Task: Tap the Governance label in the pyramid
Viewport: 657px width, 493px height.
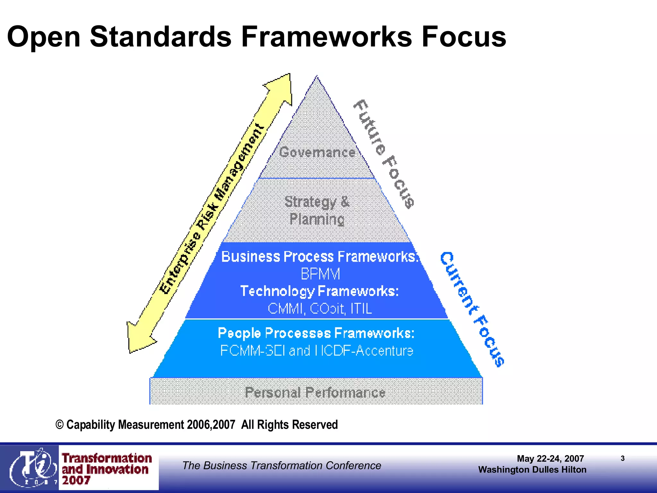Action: pos(317,152)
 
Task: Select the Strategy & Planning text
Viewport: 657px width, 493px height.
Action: pos(317,211)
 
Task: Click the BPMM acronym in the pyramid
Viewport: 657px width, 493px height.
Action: pos(320,274)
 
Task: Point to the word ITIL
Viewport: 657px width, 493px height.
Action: pos(361,309)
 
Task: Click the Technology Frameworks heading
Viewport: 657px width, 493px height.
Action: pos(320,291)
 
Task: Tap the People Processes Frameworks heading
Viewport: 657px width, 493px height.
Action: pos(316,333)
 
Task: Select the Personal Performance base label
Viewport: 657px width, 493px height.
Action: pos(315,393)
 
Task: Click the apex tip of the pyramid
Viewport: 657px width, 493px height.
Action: pos(317,77)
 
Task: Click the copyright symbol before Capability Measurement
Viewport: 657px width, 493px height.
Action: pos(60,425)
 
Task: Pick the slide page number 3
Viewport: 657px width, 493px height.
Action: pos(622,458)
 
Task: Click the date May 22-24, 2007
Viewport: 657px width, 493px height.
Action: pos(550,459)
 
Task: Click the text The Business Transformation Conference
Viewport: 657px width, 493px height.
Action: pos(282,465)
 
